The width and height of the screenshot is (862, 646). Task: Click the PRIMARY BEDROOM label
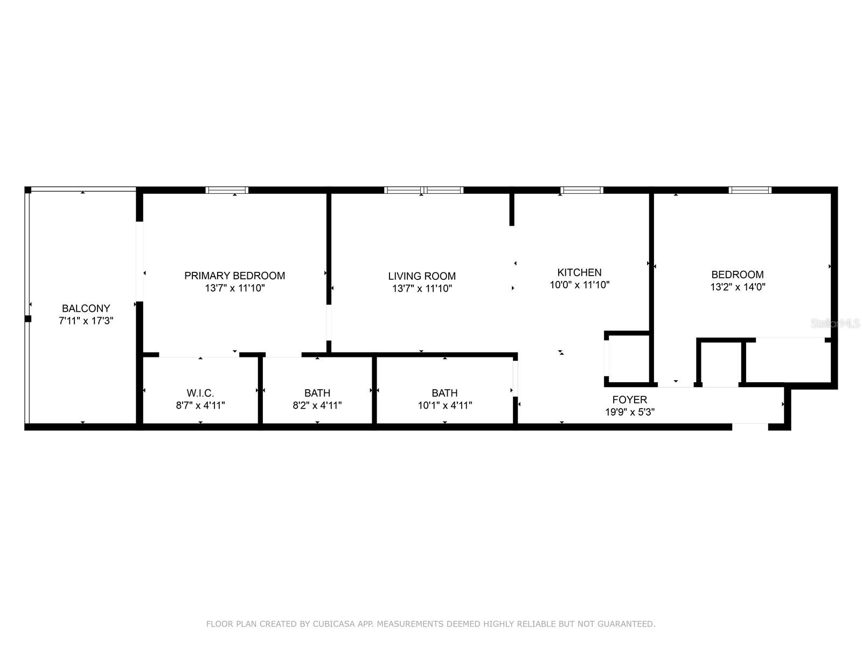coord(234,276)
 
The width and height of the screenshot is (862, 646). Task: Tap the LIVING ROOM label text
coord(422,276)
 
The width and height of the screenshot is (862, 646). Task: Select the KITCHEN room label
coord(579,272)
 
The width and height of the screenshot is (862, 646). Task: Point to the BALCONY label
coord(86,308)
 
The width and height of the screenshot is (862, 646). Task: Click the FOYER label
coord(629,399)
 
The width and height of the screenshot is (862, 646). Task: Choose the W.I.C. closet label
coord(200,393)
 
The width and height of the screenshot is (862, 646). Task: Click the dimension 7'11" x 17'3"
coord(86,321)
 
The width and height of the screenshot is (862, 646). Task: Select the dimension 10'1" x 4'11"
coord(445,405)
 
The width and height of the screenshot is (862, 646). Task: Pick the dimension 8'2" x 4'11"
coord(317,405)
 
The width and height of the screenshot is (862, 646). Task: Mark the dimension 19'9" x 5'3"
coord(629,412)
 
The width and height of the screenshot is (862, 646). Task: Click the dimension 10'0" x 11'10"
coord(579,285)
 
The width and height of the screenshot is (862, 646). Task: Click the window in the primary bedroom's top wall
coord(227,190)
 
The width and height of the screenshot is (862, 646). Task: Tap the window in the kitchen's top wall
coord(581,190)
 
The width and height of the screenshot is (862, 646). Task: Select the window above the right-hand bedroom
coord(750,190)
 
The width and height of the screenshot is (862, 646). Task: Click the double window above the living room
coord(423,190)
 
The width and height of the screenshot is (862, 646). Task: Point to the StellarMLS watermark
coord(836,324)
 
